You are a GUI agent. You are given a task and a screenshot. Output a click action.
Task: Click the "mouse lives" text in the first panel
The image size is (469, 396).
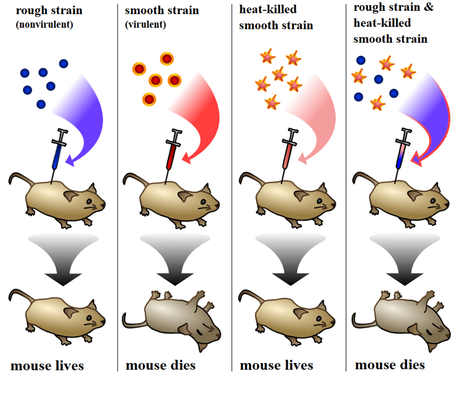(47, 366)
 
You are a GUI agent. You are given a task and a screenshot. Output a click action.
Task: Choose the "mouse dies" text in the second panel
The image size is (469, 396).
(161, 366)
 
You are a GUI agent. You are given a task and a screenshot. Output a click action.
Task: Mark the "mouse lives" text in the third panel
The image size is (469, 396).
(276, 366)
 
